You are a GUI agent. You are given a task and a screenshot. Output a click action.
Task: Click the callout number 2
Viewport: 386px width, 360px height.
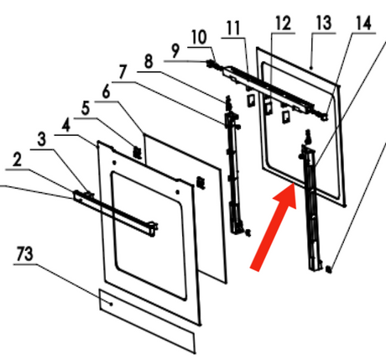[x=17, y=160]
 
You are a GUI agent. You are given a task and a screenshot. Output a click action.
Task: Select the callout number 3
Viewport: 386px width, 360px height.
[x=41, y=139]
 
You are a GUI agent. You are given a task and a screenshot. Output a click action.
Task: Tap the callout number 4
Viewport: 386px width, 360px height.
[x=66, y=126]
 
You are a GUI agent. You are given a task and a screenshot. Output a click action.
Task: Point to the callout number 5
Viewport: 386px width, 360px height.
[x=86, y=108]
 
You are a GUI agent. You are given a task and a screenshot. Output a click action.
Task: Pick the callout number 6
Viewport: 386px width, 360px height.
[x=106, y=91]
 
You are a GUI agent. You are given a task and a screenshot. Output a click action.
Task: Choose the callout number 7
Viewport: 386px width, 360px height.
[x=123, y=71]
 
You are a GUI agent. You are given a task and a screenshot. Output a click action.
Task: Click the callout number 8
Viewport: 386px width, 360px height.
[x=149, y=61]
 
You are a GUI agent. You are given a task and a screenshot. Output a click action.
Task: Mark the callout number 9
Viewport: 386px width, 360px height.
[x=175, y=50]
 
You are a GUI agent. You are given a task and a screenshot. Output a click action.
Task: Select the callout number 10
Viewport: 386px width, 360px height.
[x=199, y=37]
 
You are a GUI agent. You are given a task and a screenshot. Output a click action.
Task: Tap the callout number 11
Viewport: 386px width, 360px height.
[x=233, y=28]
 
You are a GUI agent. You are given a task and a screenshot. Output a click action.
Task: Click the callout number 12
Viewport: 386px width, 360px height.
[x=283, y=23]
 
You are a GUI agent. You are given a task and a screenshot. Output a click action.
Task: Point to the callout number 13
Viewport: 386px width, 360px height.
[x=324, y=23]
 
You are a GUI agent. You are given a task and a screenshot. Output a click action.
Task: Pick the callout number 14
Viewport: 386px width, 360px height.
[x=363, y=23]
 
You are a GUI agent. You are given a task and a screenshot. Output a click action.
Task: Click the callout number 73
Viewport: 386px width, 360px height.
[x=24, y=253]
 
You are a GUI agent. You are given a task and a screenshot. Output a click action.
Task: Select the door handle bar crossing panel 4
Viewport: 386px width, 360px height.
[x=115, y=213]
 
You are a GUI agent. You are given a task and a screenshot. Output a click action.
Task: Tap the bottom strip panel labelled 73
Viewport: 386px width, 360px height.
[x=147, y=321]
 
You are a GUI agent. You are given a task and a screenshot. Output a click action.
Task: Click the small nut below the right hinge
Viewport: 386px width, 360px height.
[x=329, y=269]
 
